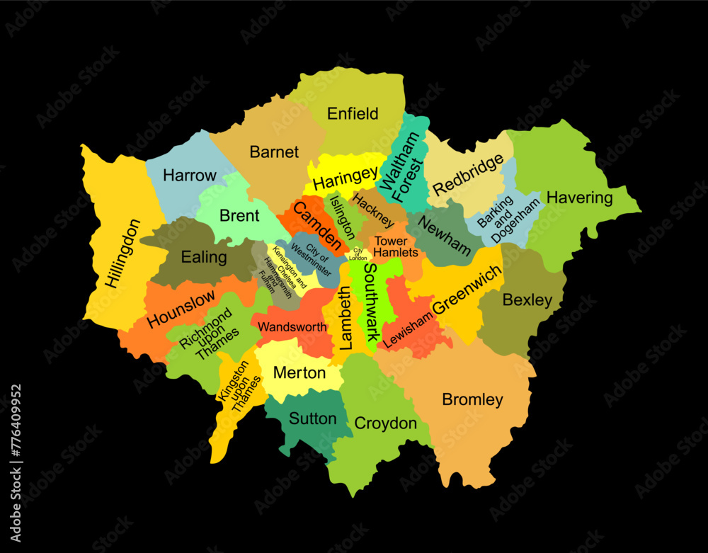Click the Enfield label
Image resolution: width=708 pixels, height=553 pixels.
(x=353, y=113)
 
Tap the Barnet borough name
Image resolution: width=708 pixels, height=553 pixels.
(x=274, y=152)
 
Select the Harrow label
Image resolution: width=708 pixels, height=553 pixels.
(x=190, y=175)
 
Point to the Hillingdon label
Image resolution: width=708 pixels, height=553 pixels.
(x=122, y=253)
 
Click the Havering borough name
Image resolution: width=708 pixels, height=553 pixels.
(x=579, y=198)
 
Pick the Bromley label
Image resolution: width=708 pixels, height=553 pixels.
(x=472, y=399)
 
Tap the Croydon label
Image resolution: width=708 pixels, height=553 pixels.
(x=385, y=423)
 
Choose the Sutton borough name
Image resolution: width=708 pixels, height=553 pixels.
(x=313, y=418)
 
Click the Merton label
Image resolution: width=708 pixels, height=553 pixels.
(x=299, y=372)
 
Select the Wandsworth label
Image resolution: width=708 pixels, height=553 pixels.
(x=292, y=327)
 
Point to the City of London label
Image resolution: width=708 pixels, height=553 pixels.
(x=358, y=254)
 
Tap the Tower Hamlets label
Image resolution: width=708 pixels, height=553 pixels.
(x=391, y=246)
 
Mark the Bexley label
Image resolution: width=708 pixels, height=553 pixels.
(x=527, y=300)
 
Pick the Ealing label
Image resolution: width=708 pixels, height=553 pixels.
(x=204, y=257)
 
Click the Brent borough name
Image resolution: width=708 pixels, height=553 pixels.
(x=239, y=216)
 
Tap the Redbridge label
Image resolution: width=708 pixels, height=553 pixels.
(x=468, y=174)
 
